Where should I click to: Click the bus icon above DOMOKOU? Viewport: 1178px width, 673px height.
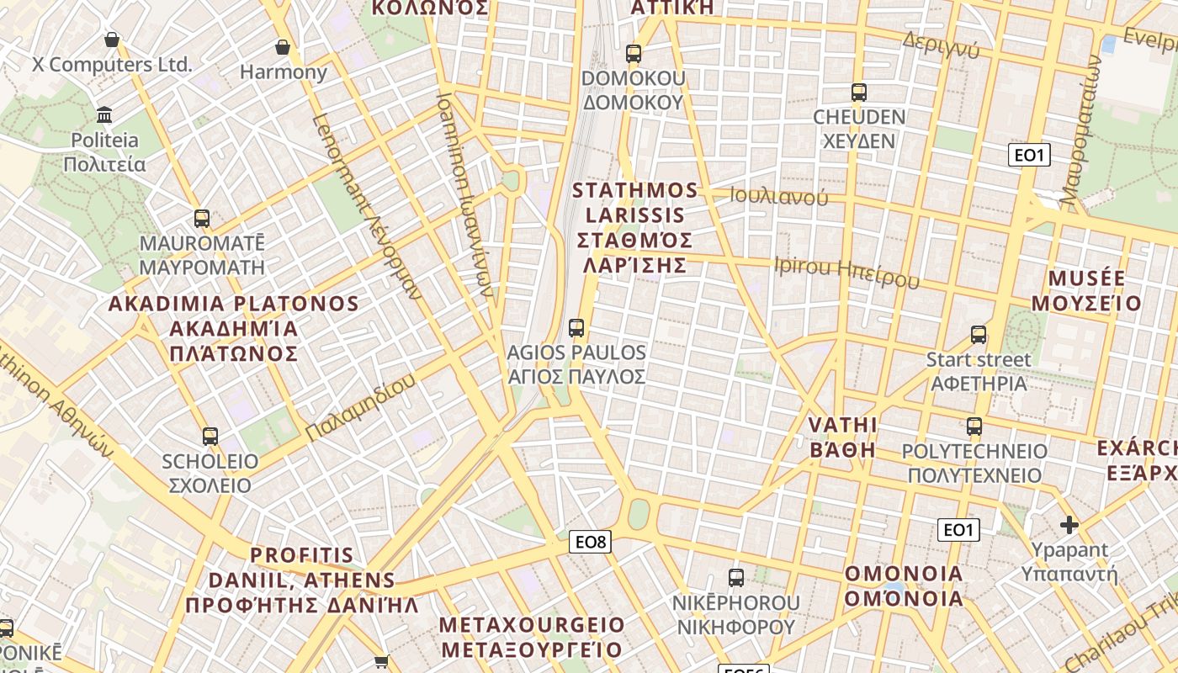coord(634,54)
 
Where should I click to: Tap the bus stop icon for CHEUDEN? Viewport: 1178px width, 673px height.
coord(858,92)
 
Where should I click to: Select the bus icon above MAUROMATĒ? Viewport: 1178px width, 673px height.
coord(202,219)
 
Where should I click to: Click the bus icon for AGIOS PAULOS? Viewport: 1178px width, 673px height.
coord(576,327)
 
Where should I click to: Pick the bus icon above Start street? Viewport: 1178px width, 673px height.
coord(979,334)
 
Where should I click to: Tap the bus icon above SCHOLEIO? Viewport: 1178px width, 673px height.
coord(210,436)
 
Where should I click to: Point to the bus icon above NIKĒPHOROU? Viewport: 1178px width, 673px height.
coord(736,577)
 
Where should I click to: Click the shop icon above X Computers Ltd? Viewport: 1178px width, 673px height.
coord(112,40)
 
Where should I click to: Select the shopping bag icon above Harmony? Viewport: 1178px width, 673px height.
coord(283,47)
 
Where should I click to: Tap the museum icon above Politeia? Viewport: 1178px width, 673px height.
coord(104,114)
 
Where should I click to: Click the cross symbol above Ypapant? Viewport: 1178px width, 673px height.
coord(1069,525)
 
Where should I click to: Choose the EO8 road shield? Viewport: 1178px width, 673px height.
coord(590,542)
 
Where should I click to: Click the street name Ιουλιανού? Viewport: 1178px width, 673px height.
coord(778,198)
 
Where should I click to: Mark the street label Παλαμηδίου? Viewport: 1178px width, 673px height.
coord(360,407)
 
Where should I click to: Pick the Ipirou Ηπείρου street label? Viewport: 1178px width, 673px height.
coord(846,273)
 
